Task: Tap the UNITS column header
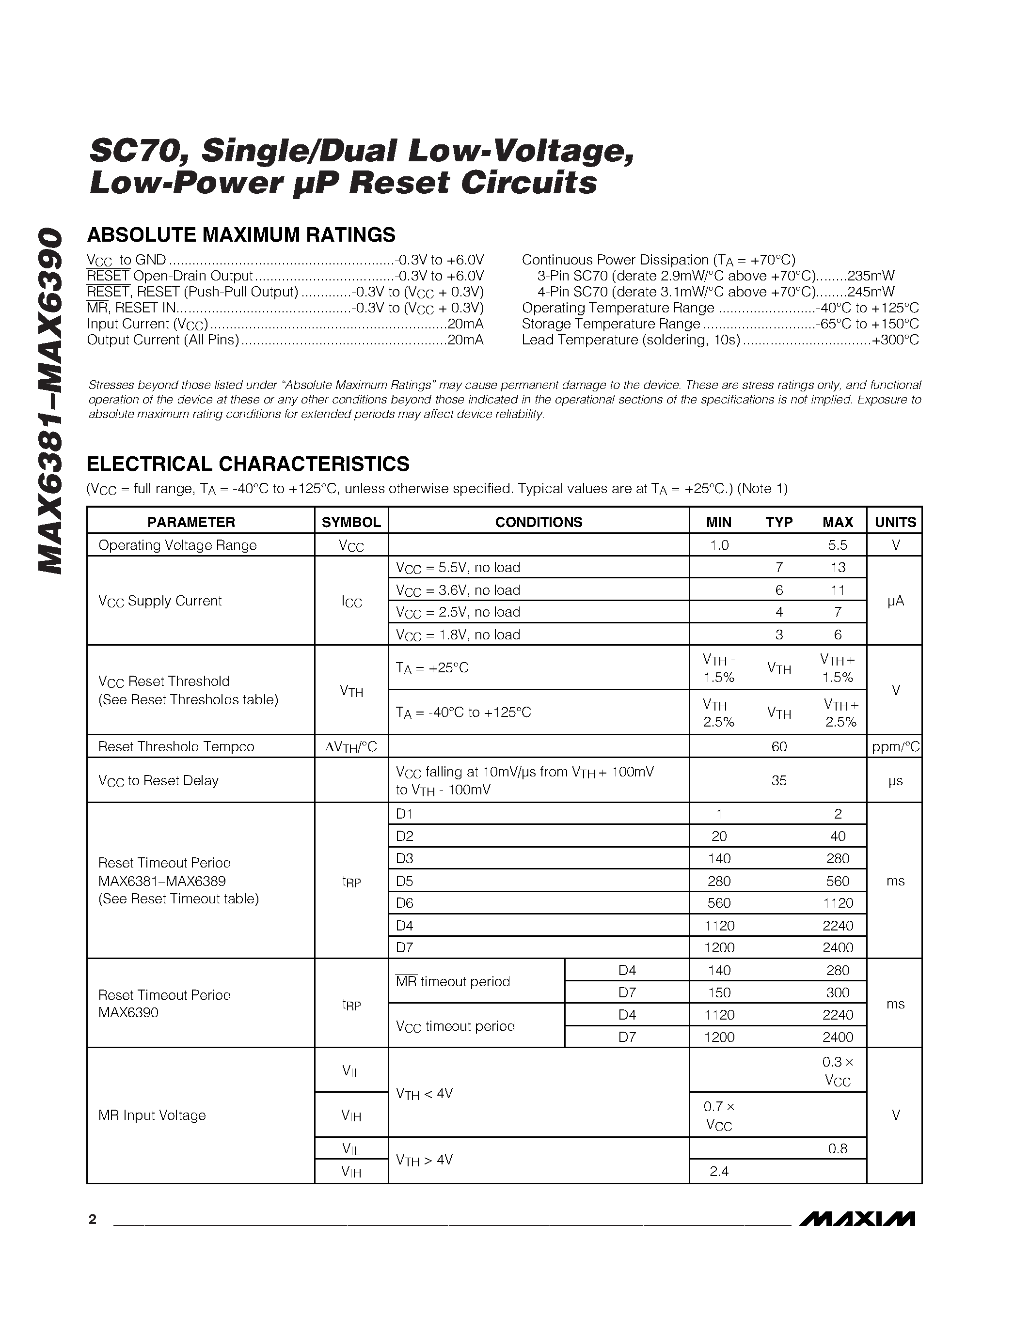(895, 522)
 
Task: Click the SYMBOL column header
(351, 522)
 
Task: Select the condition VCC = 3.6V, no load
(458, 590)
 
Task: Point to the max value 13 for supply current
(838, 568)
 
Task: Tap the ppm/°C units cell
(895, 746)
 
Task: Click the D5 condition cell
(405, 881)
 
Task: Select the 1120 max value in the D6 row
(837, 903)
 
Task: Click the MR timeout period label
(453, 981)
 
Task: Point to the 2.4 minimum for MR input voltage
(719, 1171)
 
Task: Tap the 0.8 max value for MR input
(837, 1148)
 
